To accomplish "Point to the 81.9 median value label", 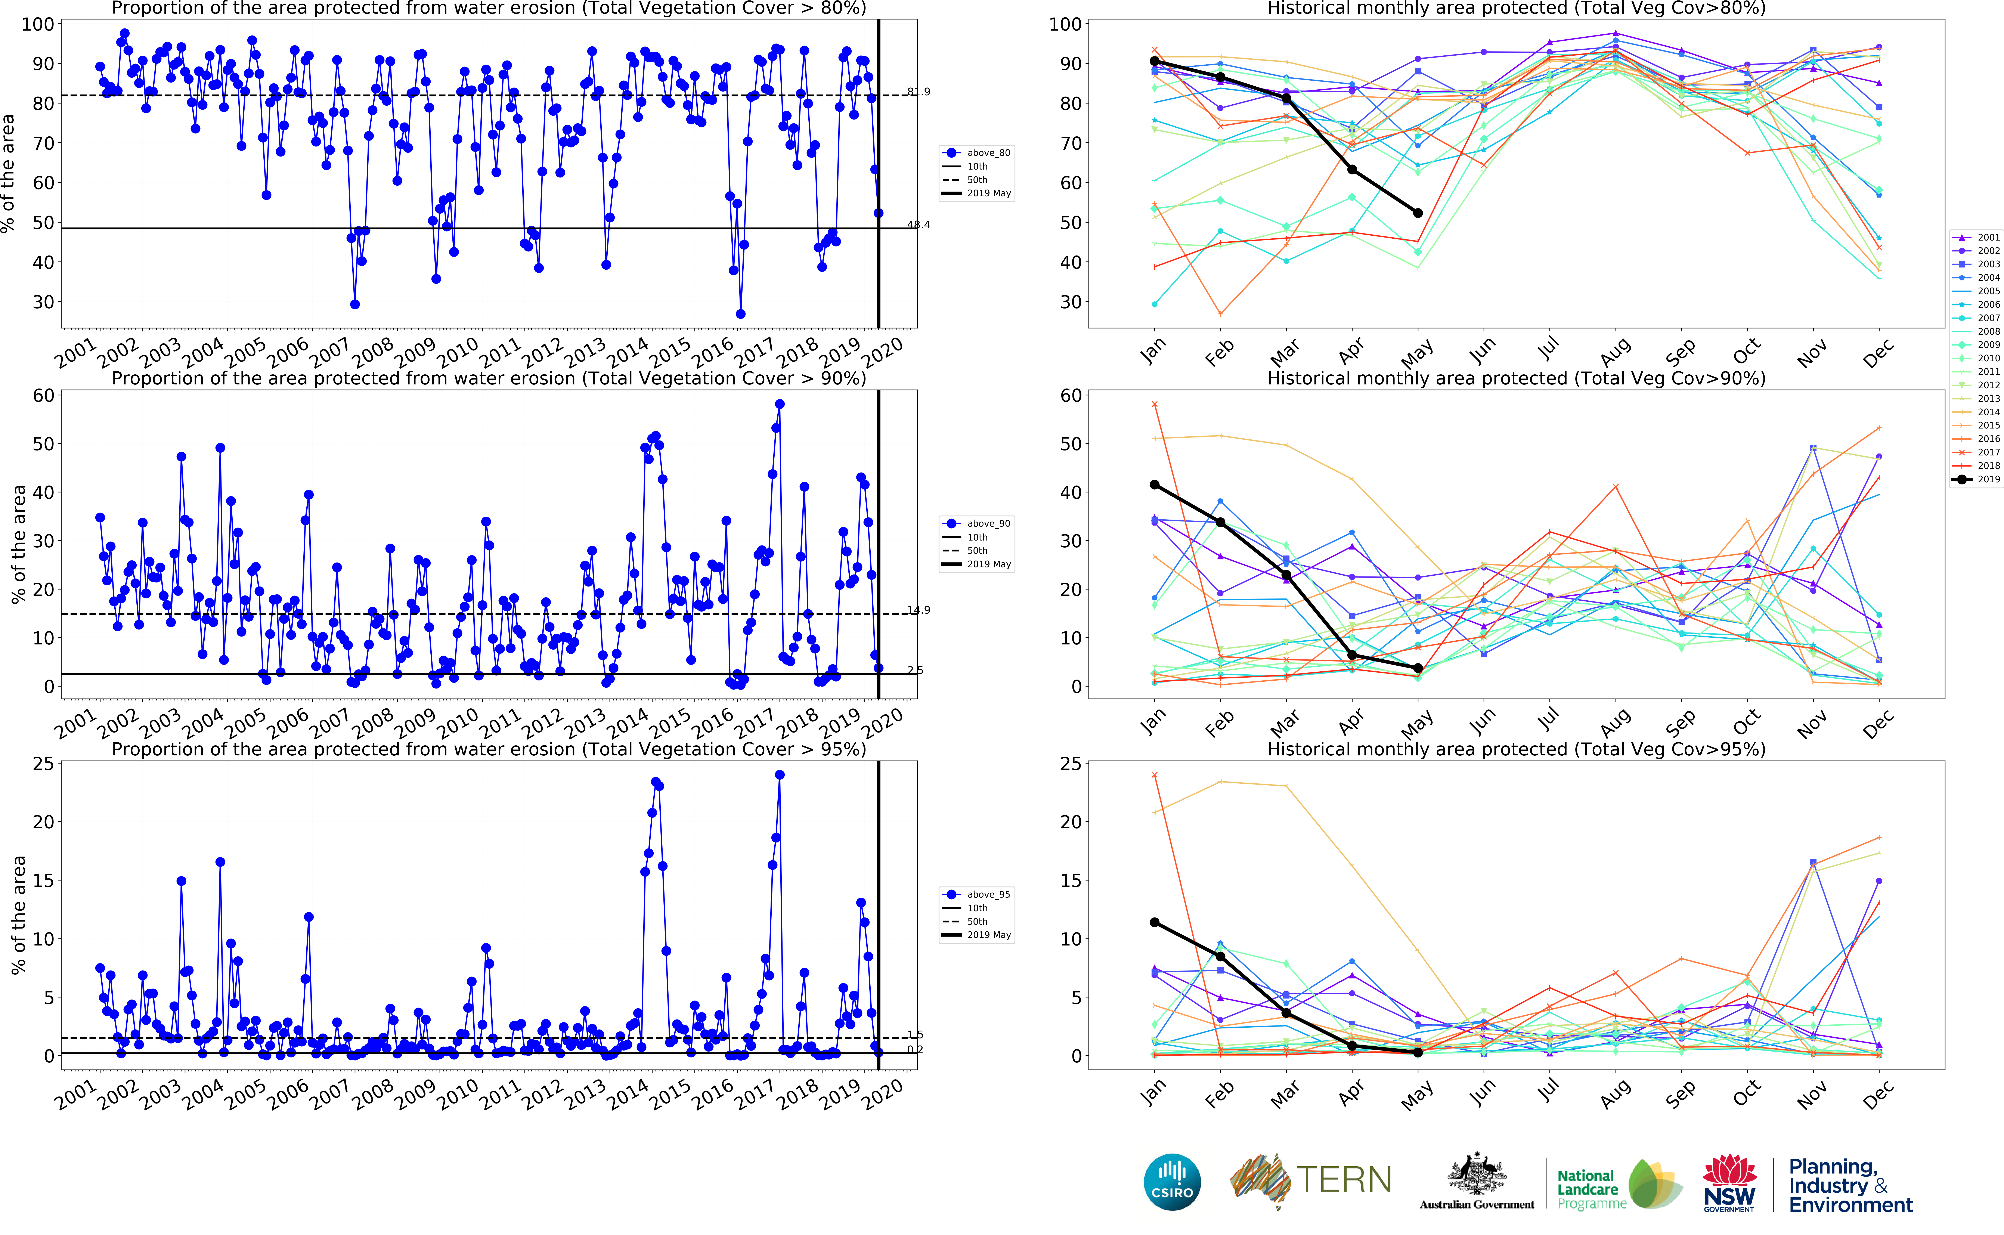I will click(x=919, y=92).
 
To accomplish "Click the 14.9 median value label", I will click(x=919, y=610).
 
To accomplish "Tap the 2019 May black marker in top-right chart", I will click(x=1418, y=213).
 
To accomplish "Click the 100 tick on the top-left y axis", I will click(x=38, y=25).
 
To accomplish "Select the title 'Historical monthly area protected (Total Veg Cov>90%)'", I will click(x=1516, y=378).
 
